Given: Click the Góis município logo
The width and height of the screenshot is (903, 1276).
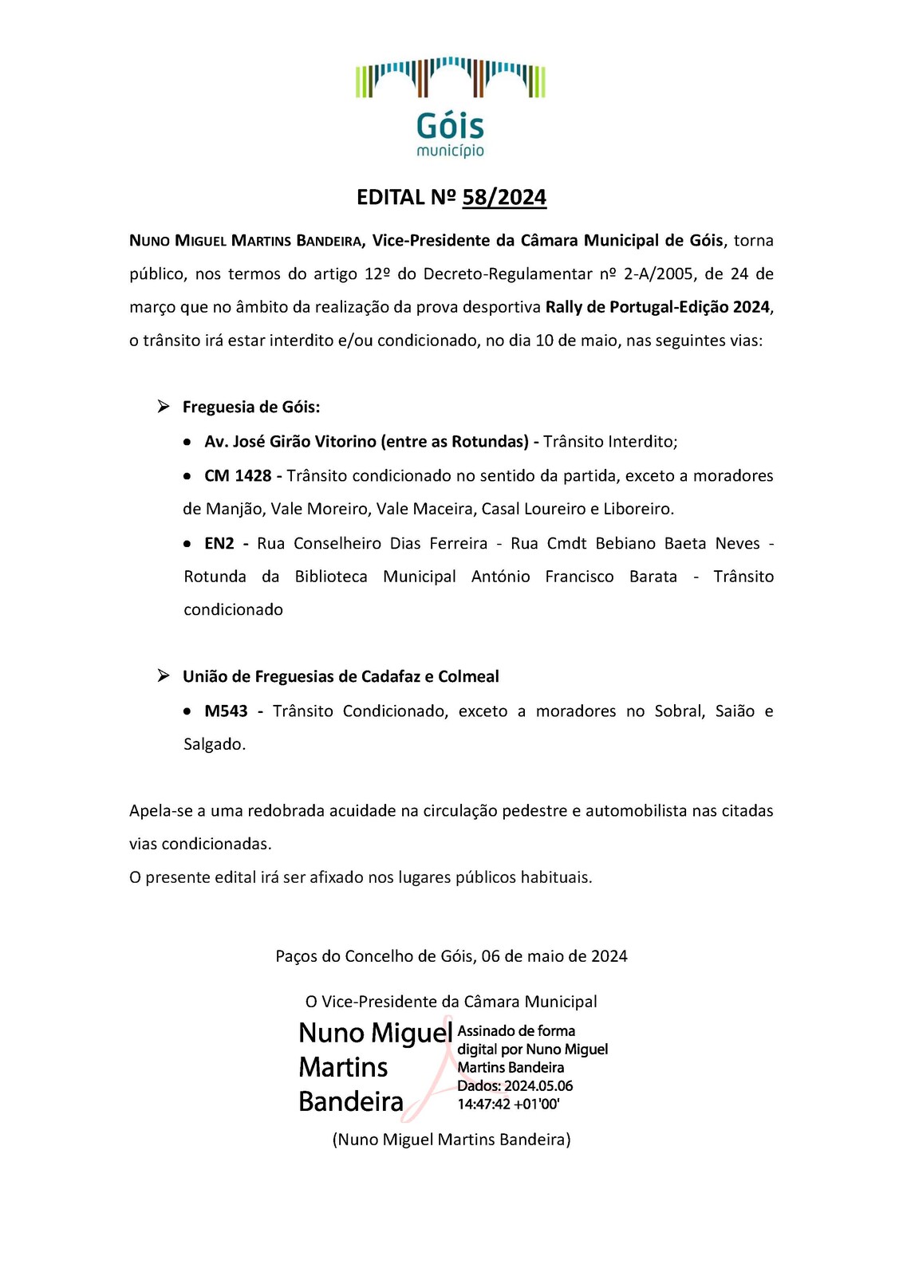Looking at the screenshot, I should point(451,106).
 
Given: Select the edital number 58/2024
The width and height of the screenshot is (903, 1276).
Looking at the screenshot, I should point(504,197).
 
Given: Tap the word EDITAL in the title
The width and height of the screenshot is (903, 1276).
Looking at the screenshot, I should point(391,197).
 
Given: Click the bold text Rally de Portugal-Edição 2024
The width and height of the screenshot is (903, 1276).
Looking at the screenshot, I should point(658,307).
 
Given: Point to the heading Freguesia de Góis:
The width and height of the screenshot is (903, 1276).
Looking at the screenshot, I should point(251,407).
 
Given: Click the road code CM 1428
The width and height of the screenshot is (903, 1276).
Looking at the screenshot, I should point(238,475).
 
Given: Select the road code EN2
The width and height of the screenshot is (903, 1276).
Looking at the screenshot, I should point(219,543).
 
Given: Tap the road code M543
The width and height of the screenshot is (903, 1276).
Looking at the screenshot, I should point(226,711).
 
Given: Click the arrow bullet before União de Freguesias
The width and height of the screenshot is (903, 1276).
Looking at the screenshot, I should point(164,676).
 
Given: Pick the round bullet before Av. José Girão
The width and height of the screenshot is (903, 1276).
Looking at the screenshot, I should point(187,442).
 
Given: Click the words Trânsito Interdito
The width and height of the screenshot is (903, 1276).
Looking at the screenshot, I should point(610,442).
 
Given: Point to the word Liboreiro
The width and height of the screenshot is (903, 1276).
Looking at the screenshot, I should point(638,509).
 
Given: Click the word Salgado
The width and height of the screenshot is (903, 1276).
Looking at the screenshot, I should point(214,744).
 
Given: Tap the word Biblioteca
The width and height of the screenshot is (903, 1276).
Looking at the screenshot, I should point(331,577).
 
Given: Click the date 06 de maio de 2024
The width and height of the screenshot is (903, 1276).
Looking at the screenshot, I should point(554,956).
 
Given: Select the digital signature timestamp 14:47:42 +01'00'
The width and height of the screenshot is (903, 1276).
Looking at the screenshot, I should point(508,1105).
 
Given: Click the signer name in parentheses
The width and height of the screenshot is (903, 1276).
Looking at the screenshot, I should point(451,1140).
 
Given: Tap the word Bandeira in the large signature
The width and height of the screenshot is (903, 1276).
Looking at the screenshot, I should point(351,1102).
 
